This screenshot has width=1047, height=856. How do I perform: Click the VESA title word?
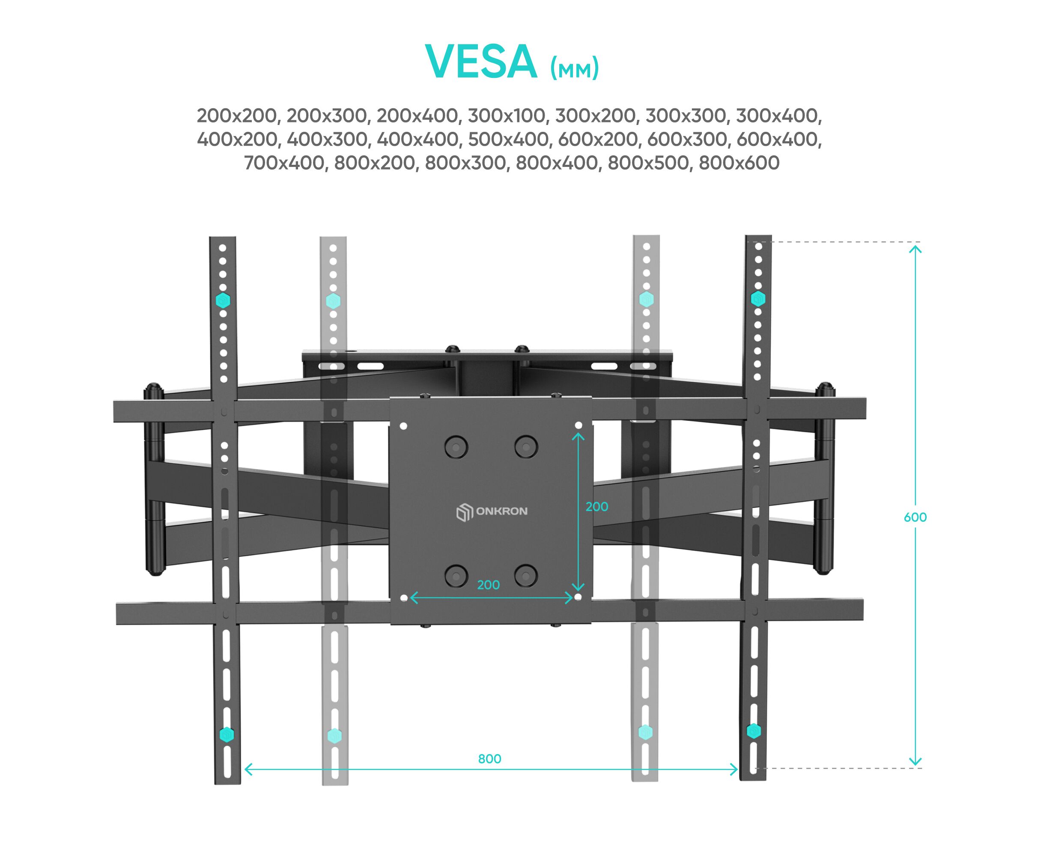[480, 62]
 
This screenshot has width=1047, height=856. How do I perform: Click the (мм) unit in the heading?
[574, 68]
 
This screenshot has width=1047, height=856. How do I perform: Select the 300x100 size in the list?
[507, 116]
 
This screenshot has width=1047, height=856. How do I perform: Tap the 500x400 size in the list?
[508, 140]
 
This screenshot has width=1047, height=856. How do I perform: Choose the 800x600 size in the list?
[739, 163]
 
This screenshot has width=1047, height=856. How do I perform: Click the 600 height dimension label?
[915, 517]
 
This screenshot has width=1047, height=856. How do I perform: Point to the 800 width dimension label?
[489, 759]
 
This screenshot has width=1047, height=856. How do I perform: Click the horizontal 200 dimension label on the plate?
[489, 585]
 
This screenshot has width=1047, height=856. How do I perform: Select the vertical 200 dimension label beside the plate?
[597, 507]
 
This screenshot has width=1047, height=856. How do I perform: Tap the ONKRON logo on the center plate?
[492, 511]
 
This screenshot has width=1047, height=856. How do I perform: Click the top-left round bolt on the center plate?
[455, 447]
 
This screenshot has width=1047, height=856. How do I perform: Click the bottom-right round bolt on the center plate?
[525, 575]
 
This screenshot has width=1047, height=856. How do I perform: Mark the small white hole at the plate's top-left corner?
[403, 426]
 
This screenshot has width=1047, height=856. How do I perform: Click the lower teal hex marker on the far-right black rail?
[753, 731]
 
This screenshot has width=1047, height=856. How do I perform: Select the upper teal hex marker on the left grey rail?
[334, 300]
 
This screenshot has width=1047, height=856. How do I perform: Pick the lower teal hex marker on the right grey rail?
[645, 732]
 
